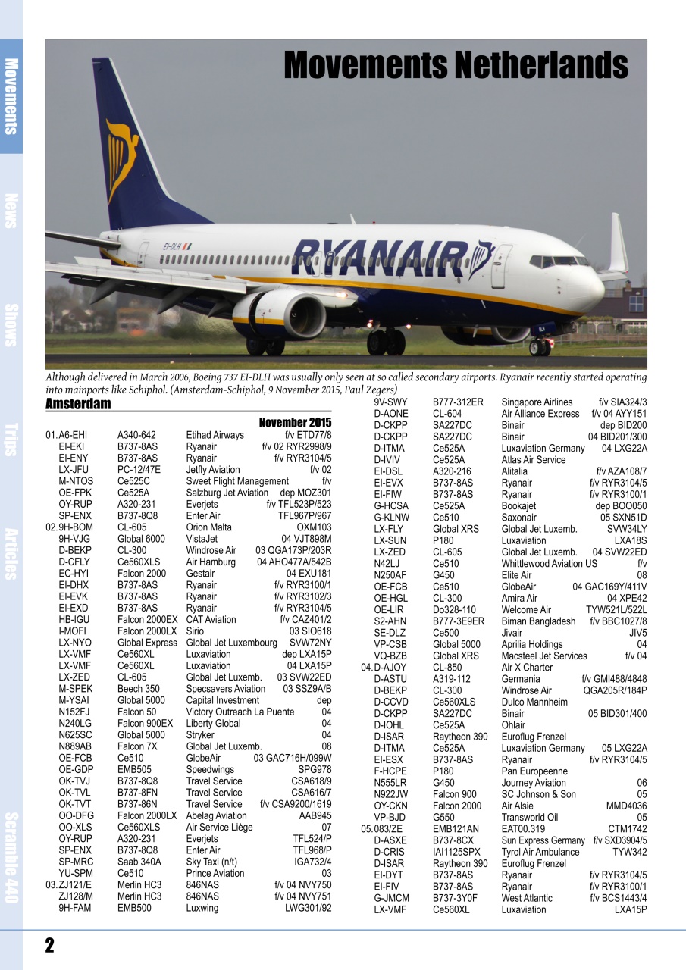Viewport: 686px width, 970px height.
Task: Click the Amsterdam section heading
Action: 78,404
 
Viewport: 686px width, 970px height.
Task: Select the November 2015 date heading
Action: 295,422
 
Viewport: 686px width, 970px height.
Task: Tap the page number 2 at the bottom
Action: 49,945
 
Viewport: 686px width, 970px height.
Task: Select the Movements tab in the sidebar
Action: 11,96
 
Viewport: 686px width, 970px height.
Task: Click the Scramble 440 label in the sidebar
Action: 11,856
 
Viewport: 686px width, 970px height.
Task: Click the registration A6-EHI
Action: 73,435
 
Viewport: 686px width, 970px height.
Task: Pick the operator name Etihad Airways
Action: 215,435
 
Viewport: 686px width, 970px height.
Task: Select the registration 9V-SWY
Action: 391,402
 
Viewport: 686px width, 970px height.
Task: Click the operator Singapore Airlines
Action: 537,402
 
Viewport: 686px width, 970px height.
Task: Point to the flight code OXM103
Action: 314,527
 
